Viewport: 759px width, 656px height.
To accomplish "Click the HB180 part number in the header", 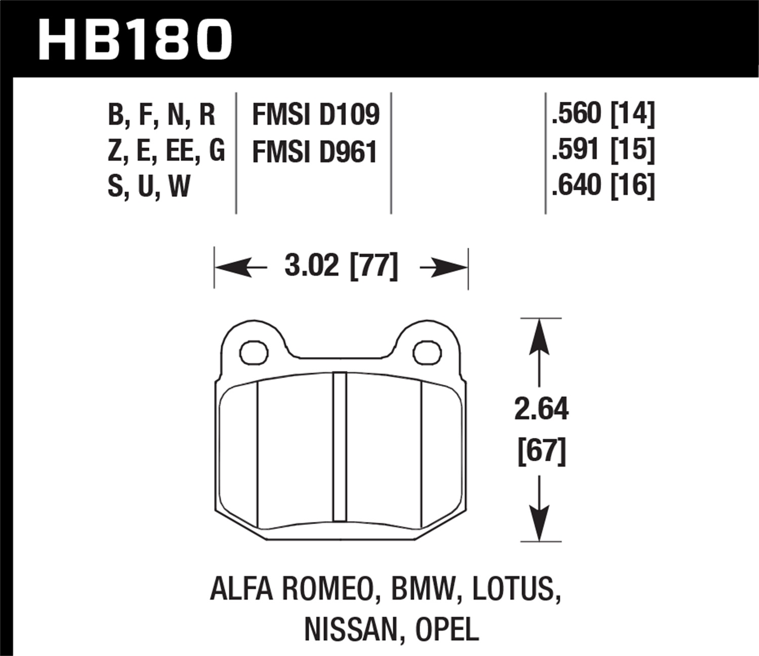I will [x=135, y=39].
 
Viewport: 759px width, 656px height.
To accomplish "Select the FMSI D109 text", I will [x=315, y=114].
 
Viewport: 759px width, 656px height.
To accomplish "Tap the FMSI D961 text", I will [x=314, y=152].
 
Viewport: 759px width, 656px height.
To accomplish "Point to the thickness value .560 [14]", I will [x=603, y=113].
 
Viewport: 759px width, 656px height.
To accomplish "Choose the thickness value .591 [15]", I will [x=603, y=149].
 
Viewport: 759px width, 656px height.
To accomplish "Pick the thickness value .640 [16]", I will [x=603, y=185].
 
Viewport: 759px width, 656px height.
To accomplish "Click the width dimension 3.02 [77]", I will [x=341, y=266].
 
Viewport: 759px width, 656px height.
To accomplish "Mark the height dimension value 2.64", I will [x=541, y=409].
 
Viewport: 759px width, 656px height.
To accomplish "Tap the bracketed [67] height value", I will [x=541, y=450].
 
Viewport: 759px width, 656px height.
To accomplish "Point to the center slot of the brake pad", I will [x=340, y=446].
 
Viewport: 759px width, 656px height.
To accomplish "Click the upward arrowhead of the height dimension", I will [x=540, y=337].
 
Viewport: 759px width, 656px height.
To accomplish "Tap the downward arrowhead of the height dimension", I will [x=540, y=524].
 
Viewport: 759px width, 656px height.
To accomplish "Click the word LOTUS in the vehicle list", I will [x=516, y=590].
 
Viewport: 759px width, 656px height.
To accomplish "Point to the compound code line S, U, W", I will [x=149, y=186].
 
